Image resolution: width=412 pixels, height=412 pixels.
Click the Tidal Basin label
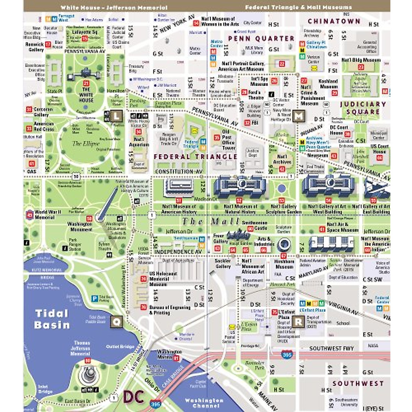(x=52, y=319)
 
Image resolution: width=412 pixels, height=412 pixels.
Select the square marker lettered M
(x=299, y=116)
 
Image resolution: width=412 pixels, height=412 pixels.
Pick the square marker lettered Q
(x=116, y=322)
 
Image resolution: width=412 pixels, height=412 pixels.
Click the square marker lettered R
(x=298, y=322)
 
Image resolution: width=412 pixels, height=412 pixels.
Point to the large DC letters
(x=134, y=397)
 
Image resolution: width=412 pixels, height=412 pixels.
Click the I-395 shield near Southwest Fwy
(x=287, y=354)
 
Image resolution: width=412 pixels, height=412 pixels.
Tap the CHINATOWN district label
(x=334, y=21)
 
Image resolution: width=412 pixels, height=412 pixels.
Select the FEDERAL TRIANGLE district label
(x=195, y=157)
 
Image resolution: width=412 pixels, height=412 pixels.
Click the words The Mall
(x=210, y=221)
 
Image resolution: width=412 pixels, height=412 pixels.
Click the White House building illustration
(x=85, y=73)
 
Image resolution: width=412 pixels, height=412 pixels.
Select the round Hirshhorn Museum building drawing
(x=284, y=244)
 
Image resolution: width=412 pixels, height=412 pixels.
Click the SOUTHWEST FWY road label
(x=331, y=348)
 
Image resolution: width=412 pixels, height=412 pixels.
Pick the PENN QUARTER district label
(x=261, y=38)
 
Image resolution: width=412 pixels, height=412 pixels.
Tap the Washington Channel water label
(x=204, y=403)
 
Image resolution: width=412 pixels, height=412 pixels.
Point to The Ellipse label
(x=86, y=144)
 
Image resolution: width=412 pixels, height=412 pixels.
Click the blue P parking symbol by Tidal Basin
(x=95, y=298)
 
